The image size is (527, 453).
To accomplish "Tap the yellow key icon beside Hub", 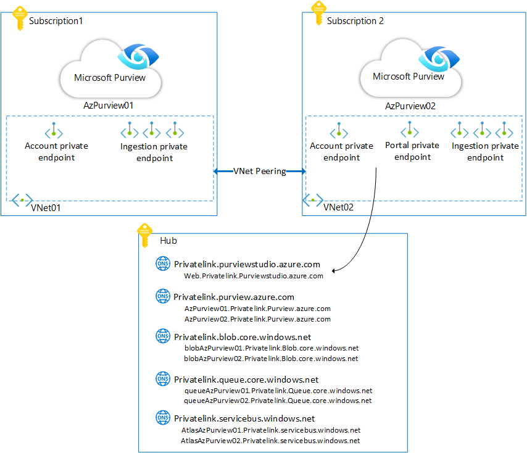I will tap(144, 235).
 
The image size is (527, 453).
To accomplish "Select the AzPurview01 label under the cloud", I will tap(109, 106).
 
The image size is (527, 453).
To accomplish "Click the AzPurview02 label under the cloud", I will tap(410, 106).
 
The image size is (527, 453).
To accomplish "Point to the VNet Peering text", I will tap(259, 171).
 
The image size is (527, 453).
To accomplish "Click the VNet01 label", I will tap(46, 208).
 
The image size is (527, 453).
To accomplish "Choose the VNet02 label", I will tap(338, 208).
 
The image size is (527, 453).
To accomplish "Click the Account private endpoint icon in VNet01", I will tap(54, 131).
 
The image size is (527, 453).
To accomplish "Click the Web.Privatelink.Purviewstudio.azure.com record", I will tap(254, 276).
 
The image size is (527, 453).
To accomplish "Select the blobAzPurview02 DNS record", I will tap(272, 358).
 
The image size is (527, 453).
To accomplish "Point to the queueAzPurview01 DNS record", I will tap(278, 391).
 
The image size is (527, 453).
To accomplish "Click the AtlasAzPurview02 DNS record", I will tap(271, 441).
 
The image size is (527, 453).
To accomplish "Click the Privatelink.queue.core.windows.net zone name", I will tap(246, 380).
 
